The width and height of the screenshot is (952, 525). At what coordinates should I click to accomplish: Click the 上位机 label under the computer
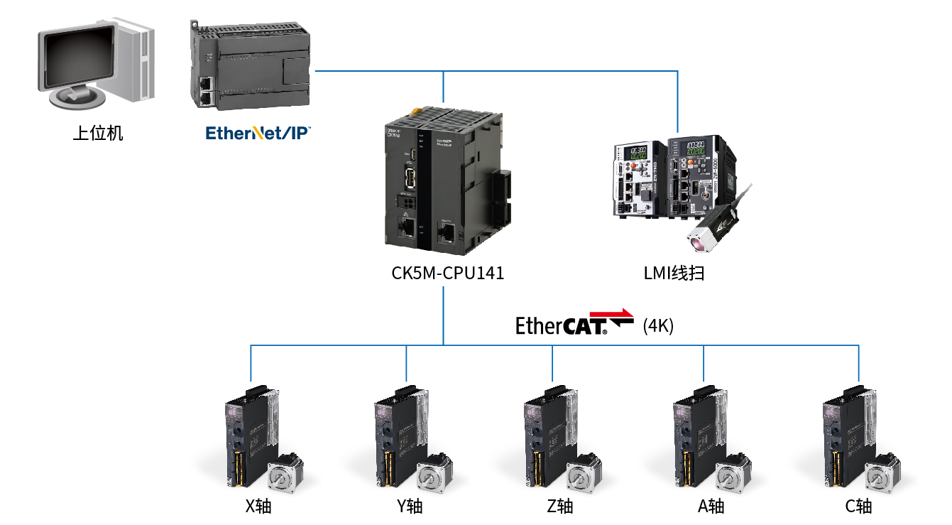tap(98, 134)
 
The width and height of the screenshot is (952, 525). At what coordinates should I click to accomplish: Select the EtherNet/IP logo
tap(258, 132)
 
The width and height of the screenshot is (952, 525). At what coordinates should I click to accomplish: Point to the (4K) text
tap(657, 326)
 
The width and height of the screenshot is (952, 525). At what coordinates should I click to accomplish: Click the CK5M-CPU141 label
tap(447, 273)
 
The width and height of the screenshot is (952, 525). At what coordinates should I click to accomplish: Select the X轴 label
tap(258, 507)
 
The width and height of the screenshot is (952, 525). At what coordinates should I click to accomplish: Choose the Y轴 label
tap(410, 507)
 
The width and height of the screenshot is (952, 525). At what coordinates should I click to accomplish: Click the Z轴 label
tap(559, 507)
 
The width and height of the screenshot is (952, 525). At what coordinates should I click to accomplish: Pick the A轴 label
tap(711, 507)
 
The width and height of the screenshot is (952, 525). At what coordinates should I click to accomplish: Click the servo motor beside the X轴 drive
tap(285, 473)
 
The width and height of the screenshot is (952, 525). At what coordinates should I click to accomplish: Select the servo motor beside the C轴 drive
tap(883, 473)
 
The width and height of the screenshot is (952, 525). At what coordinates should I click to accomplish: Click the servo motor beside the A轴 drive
tap(733, 473)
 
